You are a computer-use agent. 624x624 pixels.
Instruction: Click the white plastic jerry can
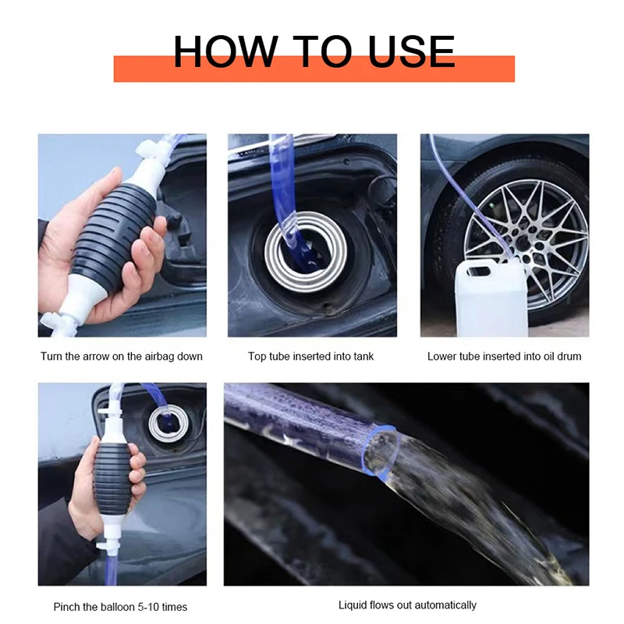(x=492, y=299)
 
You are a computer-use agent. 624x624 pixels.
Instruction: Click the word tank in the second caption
(x=362, y=356)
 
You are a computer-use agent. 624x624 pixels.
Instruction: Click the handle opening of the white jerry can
(x=479, y=271)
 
